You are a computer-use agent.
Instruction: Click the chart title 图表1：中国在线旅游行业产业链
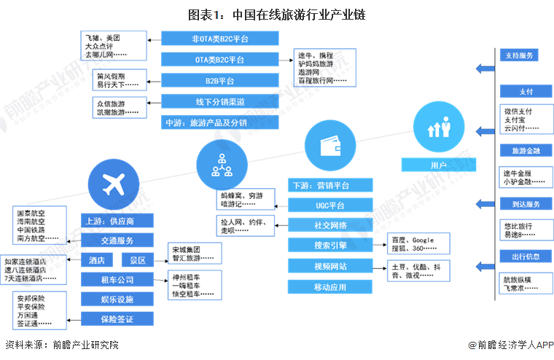pos(276,14)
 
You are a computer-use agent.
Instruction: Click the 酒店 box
pos(95,260)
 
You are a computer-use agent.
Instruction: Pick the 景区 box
pos(138,260)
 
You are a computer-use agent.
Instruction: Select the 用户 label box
pos(438,165)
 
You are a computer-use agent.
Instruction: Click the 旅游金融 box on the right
pos(518,150)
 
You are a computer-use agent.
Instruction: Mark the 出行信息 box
pos(518,256)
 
